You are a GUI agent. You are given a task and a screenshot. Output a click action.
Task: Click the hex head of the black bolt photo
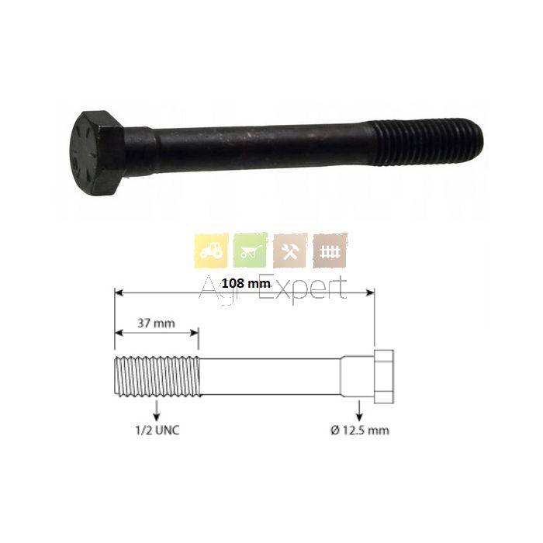pyautogui.click(x=99, y=154)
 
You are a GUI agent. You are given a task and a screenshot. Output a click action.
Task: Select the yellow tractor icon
pyautogui.click(x=211, y=250)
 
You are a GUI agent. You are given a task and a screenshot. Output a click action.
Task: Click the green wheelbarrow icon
pyautogui.click(x=251, y=250)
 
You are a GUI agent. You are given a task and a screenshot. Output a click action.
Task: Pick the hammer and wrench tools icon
pyautogui.click(x=290, y=251)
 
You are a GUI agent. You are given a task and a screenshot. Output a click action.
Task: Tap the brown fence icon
pyautogui.click(x=330, y=251)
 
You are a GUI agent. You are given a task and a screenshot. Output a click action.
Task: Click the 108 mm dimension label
pyautogui.click(x=246, y=283)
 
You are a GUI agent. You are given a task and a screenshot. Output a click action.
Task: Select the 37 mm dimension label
pyautogui.click(x=156, y=323)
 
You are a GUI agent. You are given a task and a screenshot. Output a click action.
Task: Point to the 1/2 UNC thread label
pyautogui.click(x=157, y=431)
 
